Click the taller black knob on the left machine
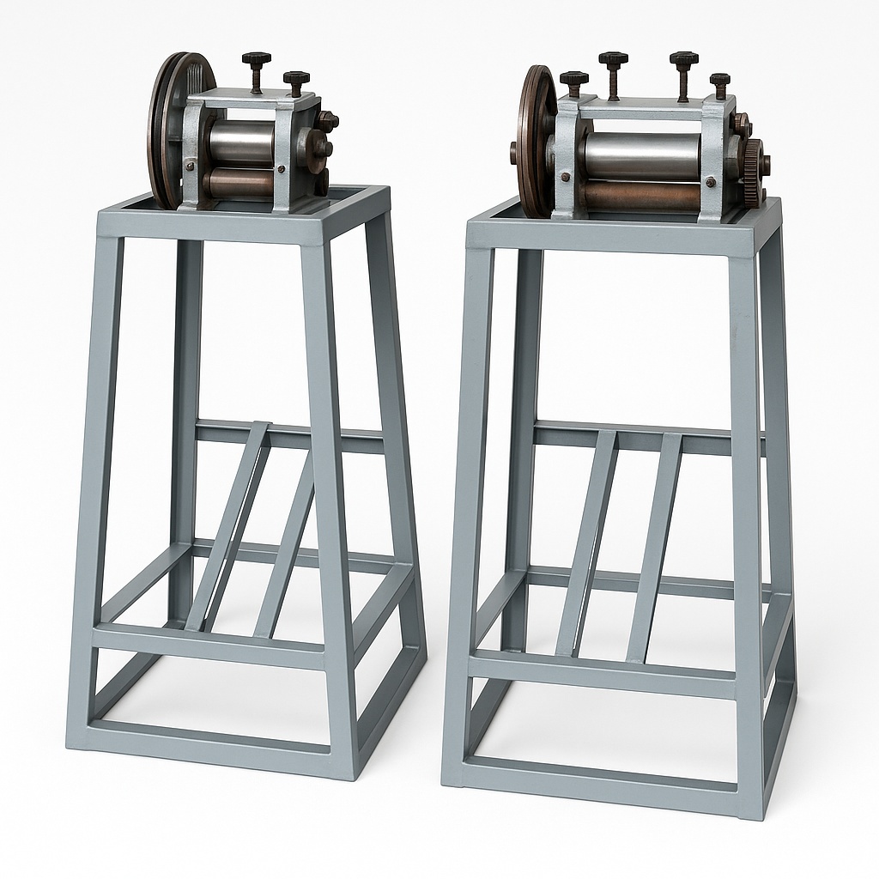click(x=256, y=60)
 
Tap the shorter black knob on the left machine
click(x=296, y=79)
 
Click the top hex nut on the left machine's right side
click(x=328, y=121)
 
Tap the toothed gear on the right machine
click(x=753, y=172)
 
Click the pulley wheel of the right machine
click(x=534, y=137)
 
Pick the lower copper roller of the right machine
click(x=644, y=197)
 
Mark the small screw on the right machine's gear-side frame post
click(x=710, y=183)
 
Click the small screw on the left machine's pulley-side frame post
click(x=190, y=165)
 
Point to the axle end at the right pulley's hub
click(x=514, y=152)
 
